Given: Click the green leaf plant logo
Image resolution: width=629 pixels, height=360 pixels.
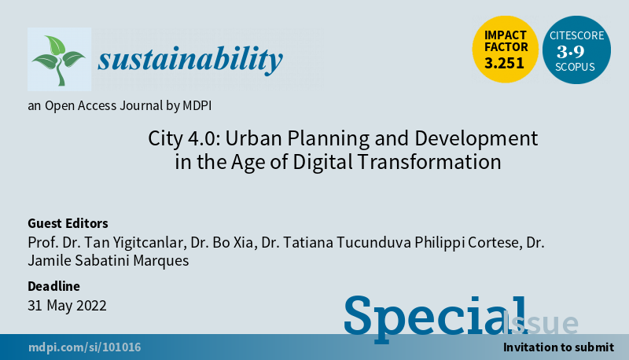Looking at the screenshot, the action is click(x=59, y=60).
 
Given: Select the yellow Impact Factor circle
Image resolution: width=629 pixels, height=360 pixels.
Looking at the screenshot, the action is click(x=505, y=50).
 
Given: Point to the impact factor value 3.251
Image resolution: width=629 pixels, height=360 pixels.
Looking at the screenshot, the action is click(x=504, y=64).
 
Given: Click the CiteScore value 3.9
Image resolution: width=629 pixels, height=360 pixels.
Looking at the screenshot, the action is click(x=571, y=52).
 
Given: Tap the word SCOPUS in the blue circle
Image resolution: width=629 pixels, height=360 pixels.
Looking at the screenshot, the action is click(x=575, y=67).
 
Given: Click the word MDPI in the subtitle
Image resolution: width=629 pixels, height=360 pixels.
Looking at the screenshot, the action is click(x=197, y=106).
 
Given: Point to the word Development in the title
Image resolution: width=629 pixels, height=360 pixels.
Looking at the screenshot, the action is click(x=476, y=139).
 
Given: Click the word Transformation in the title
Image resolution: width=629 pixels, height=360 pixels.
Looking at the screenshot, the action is click(x=429, y=162).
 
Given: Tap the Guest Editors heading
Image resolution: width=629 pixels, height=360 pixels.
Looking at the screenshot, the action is click(x=68, y=223).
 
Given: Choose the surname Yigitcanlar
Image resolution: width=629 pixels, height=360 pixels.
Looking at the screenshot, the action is click(x=149, y=243).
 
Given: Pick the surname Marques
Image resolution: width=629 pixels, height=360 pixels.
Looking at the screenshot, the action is click(x=161, y=261).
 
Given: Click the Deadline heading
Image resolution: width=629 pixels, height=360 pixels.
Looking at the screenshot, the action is click(x=53, y=286).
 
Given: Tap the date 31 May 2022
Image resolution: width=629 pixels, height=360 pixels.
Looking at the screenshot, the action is click(x=67, y=306).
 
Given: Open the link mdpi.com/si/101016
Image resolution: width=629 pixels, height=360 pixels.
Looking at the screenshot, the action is click(x=85, y=347).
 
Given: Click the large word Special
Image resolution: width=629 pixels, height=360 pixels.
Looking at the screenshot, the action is click(x=436, y=318).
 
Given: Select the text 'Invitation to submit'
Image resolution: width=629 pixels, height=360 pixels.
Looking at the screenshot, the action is click(x=558, y=347).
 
